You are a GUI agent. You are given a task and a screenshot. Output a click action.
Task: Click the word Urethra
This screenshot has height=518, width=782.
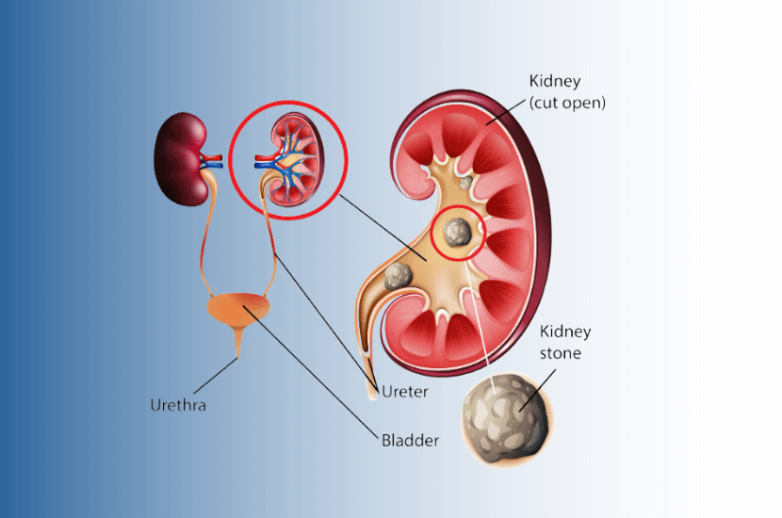[178, 406]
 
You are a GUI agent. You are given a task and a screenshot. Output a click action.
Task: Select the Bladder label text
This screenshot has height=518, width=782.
[410, 439]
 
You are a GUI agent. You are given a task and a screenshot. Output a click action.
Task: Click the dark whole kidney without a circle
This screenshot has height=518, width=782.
[183, 158]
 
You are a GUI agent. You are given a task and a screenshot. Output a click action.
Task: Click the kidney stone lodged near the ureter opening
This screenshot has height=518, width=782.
[398, 276]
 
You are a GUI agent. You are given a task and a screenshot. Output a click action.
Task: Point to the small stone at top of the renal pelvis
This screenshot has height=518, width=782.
[464, 180]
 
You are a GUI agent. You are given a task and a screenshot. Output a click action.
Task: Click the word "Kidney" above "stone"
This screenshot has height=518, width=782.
[565, 332]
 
